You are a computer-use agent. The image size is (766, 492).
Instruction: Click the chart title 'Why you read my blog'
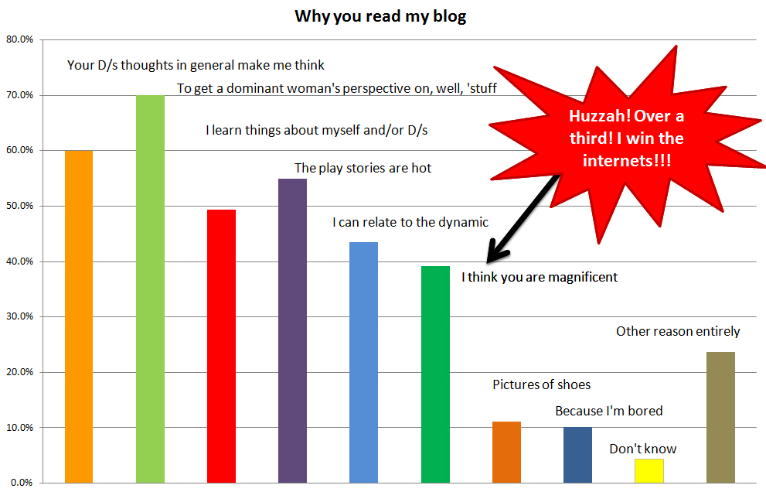click(380, 16)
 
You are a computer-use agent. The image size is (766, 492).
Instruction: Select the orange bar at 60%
click(79, 316)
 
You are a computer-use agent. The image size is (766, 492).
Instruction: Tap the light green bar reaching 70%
click(150, 289)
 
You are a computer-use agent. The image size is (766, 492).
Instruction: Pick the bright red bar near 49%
click(221, 347)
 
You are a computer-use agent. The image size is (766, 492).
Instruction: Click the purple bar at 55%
click(293, 330)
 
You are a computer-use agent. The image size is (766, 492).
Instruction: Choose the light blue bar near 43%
click(363, 362)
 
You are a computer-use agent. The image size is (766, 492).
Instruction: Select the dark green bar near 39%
click(435, 374)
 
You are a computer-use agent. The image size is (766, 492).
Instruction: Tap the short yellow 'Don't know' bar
click(649, 470)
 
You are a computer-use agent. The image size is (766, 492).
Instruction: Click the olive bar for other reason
click(720, 417)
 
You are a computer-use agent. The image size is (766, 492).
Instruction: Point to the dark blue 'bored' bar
click(577, 455)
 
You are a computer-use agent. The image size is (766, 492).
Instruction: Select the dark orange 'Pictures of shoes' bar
click(506, 452)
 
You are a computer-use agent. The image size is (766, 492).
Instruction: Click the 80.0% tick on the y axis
click(19, 39)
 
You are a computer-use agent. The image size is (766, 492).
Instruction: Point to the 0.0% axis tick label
click(22, 483)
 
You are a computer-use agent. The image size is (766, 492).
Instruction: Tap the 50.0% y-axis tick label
click(19, 206)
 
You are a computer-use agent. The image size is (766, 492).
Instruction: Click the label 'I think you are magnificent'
click(540, 277)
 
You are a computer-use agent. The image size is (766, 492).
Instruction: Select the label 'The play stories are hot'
click(363, 168)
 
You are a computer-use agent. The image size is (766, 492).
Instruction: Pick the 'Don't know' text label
click(643, 449)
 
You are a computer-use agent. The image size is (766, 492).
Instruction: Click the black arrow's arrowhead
click(495, 253)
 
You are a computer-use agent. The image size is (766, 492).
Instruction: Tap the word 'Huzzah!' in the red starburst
click(600, 116)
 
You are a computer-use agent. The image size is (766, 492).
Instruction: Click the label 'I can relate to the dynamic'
click(410, 223)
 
